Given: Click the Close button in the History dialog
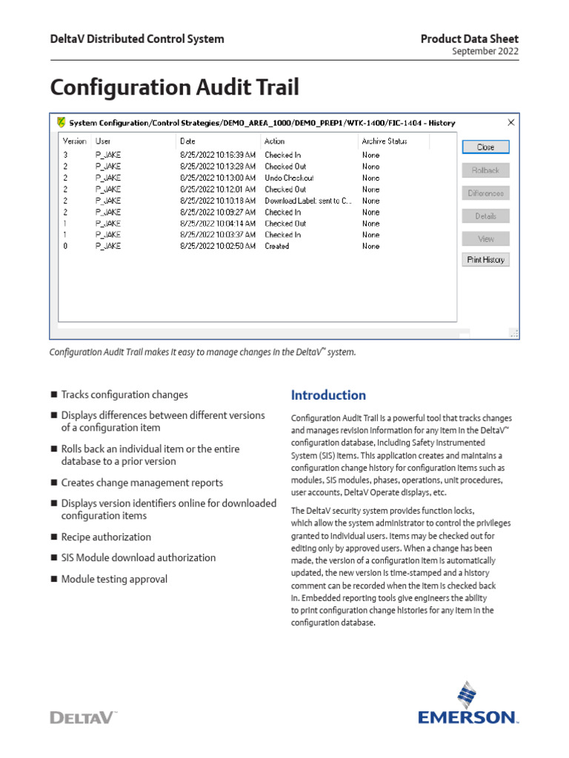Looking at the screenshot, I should coord(485,147).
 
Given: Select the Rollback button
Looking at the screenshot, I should coord(485,170).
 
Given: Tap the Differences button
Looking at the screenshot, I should coord(485,193).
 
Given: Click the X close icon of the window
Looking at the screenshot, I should coord(510,122).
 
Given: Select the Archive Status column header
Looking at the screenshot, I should coord(384,141).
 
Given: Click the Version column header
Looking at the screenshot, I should coord(75,141).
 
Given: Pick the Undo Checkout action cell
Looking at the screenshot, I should coord(289,178).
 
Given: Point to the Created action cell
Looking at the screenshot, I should coord(277,246).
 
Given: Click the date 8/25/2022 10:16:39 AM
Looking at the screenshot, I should coord(218,155).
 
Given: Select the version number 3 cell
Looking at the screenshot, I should coord(66,155).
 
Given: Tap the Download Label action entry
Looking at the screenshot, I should coord(308,201).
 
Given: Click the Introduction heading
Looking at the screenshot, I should coord(328,395).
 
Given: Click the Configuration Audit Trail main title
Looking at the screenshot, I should coord(175,87).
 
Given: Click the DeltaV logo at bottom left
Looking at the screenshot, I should coord(83,717).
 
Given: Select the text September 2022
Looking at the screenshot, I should coord(485,52).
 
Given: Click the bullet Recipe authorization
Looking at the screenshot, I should coord(106,537).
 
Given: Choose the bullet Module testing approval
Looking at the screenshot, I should coord(114,579).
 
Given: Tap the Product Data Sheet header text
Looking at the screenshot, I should coord(469,38).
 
